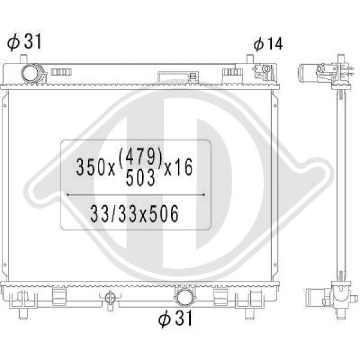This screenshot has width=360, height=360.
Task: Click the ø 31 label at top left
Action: click(24, 41)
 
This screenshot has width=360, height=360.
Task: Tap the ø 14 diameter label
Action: click(268, 44)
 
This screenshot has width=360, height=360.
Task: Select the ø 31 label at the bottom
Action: click(175, 318)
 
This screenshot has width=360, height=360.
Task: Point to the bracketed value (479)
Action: click(141, 157)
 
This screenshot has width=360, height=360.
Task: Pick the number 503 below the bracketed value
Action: click(140, 178)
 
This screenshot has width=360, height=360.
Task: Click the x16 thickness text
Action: click(179, 167)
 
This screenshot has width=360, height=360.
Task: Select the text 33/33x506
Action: click(134, 214)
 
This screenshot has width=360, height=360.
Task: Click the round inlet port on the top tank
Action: click(31, 73)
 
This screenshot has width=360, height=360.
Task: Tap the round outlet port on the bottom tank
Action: click(184, 297)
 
